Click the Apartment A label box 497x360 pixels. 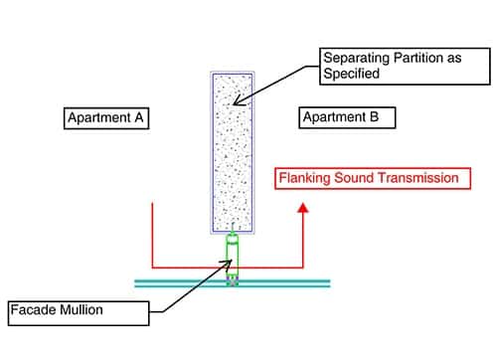[106, 117]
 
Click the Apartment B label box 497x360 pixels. [347, 117]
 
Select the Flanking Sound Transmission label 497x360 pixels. [368, 178]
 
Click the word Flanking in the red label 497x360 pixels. [304, 178]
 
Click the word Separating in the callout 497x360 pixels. [354, 57]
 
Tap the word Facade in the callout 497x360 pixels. [40, 310]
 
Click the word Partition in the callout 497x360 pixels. [413, 57]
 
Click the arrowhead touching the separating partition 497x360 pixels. [240, 100]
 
